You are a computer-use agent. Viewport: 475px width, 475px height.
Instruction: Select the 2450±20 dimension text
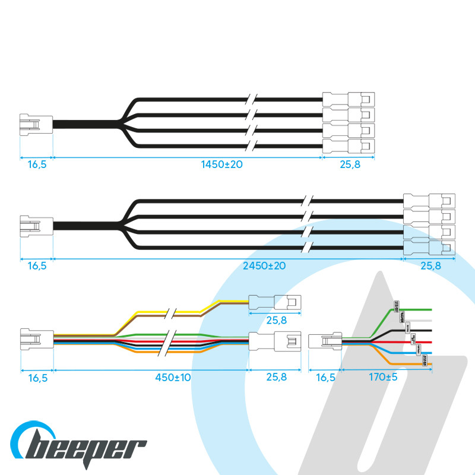click(264, 265)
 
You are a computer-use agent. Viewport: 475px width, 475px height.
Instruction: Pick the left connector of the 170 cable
click(325, 343)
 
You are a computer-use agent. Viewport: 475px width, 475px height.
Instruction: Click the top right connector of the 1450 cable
click(349, 99)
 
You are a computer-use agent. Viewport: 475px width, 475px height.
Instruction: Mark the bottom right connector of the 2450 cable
click(429, 248)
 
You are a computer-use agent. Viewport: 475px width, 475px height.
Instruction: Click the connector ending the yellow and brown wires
click(275, 303)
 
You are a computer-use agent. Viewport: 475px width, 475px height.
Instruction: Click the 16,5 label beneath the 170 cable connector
click(325, 376)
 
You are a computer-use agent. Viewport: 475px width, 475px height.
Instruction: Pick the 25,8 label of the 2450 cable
click(430, 266)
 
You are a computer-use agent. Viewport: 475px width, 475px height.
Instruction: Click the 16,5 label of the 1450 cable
click(37, 164)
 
